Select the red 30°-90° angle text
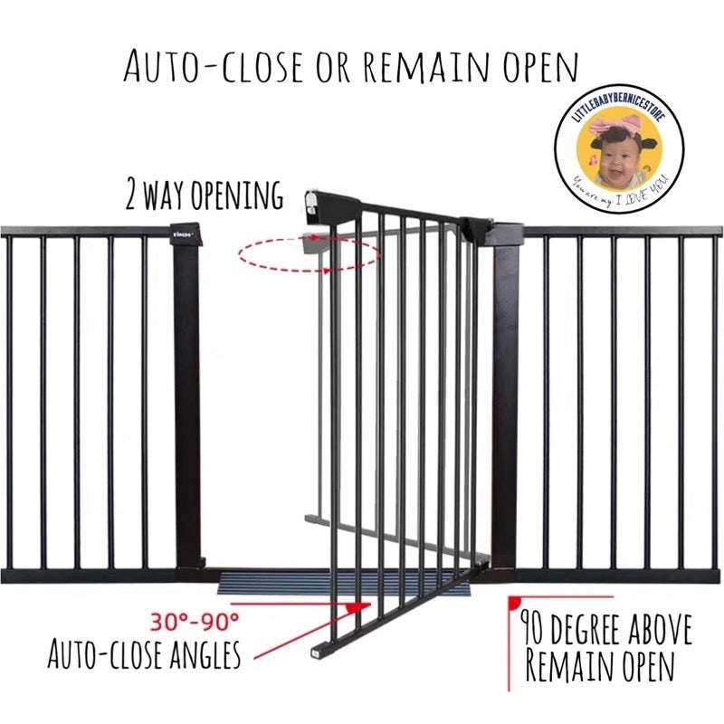195,624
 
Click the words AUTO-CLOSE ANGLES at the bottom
144,654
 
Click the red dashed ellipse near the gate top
308,254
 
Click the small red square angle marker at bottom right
513,602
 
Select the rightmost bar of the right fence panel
714,398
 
